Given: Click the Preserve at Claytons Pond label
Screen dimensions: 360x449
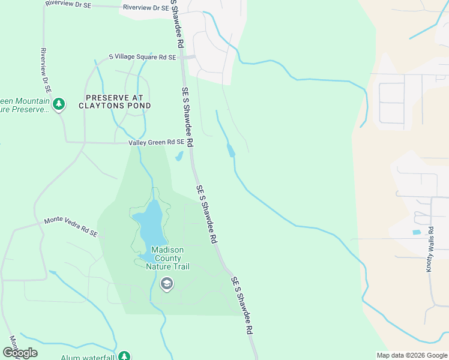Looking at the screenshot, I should coord(115,101).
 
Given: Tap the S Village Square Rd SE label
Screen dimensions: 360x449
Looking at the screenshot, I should coord(142,57).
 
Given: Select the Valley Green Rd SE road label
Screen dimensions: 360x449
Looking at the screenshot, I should coord(156,142).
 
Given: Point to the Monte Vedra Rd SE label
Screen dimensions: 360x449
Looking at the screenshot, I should coord(71,226).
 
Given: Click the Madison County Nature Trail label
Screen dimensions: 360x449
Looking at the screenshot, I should coord(167,258).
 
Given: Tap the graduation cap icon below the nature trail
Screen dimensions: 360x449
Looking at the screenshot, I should coord(167,284).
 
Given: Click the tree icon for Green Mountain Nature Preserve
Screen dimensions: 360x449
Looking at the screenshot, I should coord(59,106).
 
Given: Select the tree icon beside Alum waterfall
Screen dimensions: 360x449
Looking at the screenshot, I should coord(124,356).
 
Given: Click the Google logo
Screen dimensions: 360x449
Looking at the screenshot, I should coord(20,352).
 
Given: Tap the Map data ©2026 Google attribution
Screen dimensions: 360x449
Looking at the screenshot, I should coord(411,355).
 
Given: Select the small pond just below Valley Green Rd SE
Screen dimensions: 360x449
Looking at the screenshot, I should coord(179,157).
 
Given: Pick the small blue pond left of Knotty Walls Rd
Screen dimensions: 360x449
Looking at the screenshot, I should coord(417,232).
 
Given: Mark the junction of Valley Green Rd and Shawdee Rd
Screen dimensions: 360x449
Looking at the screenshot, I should coord(191,142).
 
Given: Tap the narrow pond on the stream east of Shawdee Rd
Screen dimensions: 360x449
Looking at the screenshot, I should coord(231,150).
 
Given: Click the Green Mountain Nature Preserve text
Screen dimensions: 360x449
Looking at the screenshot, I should coord(24,106).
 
